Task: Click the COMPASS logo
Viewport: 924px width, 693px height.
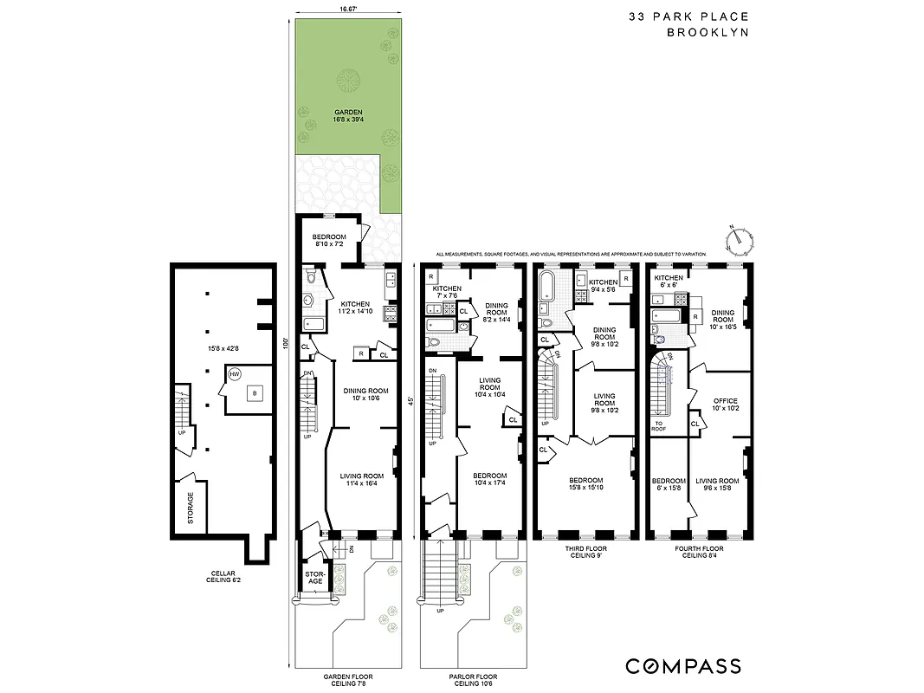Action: point(683,666)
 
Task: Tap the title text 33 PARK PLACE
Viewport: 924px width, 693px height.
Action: point(689,16)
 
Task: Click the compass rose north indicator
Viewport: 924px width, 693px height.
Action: point(738,236)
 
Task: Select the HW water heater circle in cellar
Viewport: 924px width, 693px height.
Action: point(235,375)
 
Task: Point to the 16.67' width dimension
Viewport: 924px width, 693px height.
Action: point(348,8)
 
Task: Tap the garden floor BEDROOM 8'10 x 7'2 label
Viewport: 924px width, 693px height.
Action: point(329,241)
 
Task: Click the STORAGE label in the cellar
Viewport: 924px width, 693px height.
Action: point(191,508)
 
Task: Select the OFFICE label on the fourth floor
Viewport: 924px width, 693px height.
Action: point(725,404)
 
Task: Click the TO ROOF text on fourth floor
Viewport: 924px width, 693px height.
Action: point(659,425)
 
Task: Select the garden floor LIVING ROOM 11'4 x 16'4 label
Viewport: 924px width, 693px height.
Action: point(361,480)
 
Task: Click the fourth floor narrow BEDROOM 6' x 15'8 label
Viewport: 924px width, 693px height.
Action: point(669,484)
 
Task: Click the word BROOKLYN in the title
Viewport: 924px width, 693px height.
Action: point(708,33)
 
